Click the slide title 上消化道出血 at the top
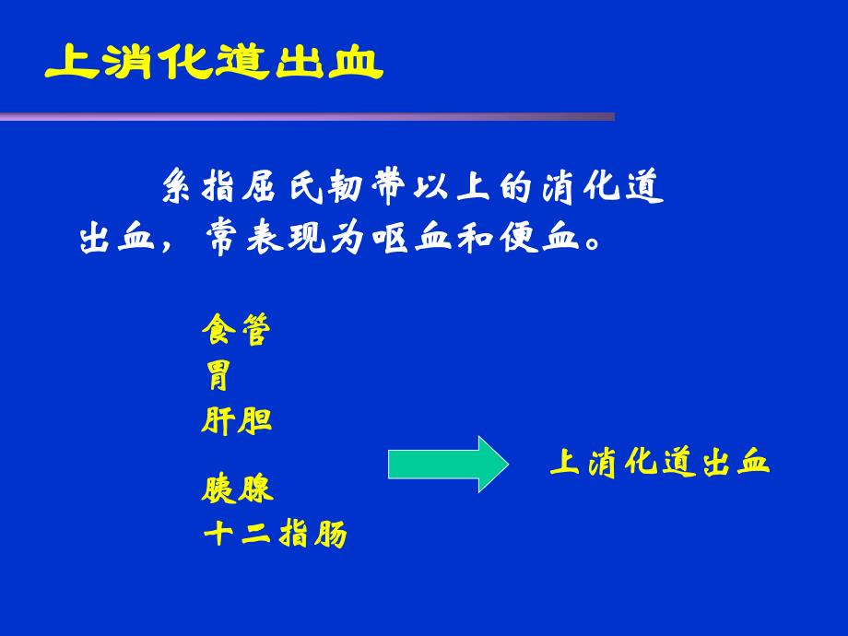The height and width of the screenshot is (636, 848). coord(213,63)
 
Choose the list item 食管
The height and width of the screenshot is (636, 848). coord(236,330)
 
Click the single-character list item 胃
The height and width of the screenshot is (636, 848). coord(218,375)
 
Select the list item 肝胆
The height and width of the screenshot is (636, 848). coord(236,420)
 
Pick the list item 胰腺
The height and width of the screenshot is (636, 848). coord(237,489)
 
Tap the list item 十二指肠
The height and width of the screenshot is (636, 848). coord(274,535)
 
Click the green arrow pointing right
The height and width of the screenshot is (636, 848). coord(446,464)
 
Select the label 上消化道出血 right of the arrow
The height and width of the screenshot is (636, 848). coord(659,462)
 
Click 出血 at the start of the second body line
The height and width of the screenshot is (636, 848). coord(112,240)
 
